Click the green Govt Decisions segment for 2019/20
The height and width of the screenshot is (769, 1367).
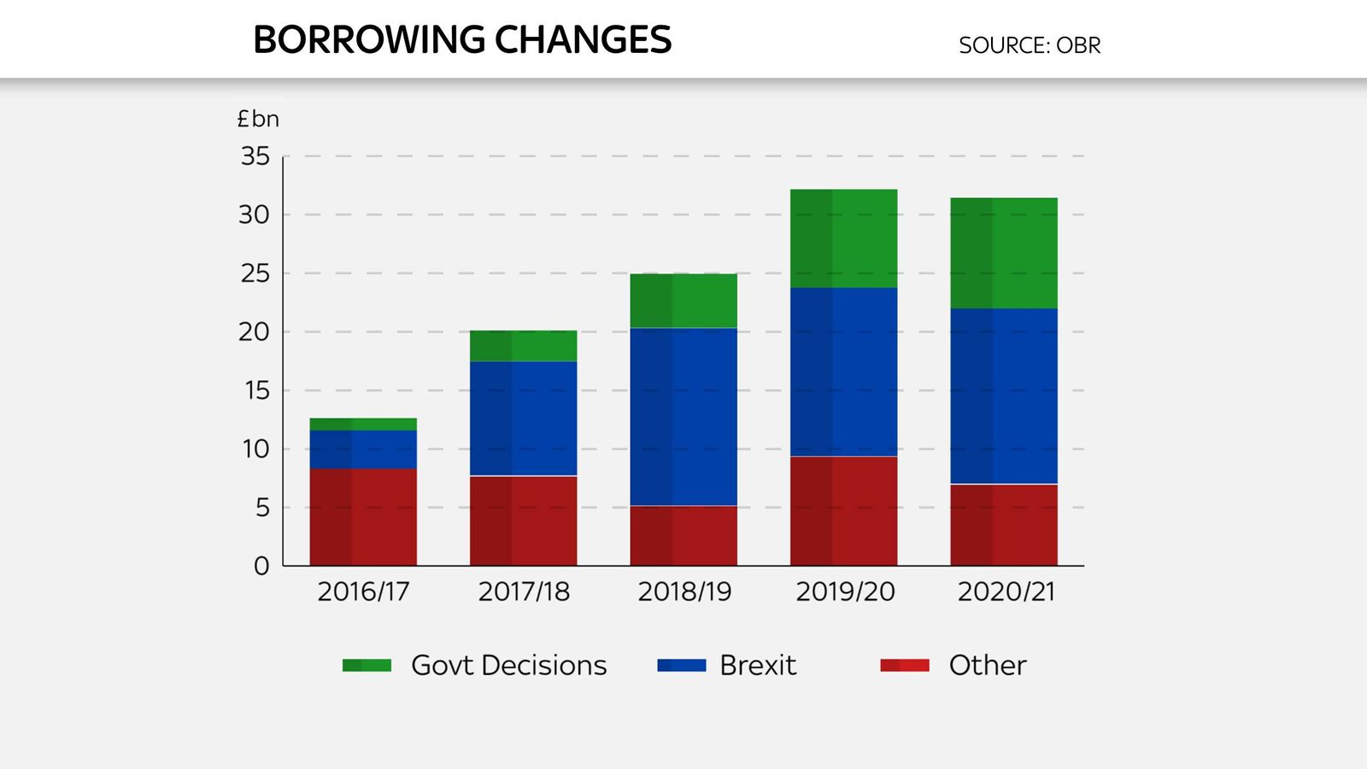click(x=843, y=238)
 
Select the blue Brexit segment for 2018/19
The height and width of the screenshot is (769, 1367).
click(x=683, y=416)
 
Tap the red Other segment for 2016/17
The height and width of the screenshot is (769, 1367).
click(x=363, y=516)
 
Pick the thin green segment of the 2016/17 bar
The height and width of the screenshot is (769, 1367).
click(x=363, y=424)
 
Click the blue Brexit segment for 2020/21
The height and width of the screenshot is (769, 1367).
click(x=1004, y=396)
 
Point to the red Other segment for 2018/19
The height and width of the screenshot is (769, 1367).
click(x=683, y=535)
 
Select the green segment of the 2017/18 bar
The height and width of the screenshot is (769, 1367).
click(x=523, y=346)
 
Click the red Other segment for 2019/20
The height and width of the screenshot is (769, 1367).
click(x=843, y=510)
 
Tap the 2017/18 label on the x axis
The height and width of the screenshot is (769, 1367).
click(x=523, y=591)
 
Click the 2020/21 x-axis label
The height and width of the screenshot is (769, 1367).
click(x=1006, y=591)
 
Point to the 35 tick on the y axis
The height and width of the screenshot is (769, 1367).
click(x=255, y=156)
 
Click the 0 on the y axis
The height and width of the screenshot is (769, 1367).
click(x=261, y=566)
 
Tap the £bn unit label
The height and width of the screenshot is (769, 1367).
click(x=258, y=119)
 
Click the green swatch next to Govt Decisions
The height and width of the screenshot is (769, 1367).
click(x=367, y=665)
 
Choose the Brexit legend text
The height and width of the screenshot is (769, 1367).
click(x=757, y=665)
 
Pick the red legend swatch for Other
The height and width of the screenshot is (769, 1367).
click(x=904, y=665)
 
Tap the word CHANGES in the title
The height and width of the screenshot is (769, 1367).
click(x=583, y=40)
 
